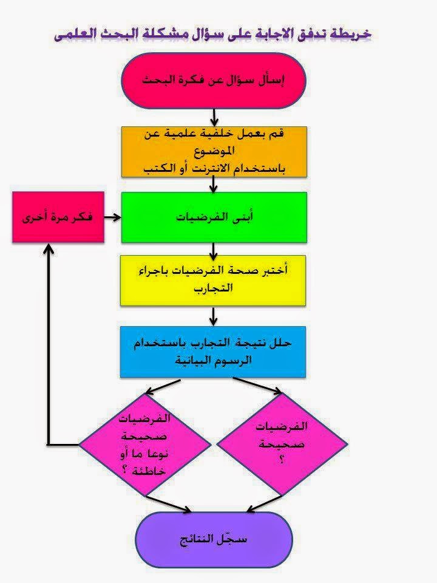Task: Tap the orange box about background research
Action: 214,152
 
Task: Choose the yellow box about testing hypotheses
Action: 214,280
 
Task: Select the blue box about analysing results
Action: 214,352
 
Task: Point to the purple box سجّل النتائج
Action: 214,540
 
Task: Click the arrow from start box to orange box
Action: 214,117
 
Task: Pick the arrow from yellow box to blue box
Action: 214,316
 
